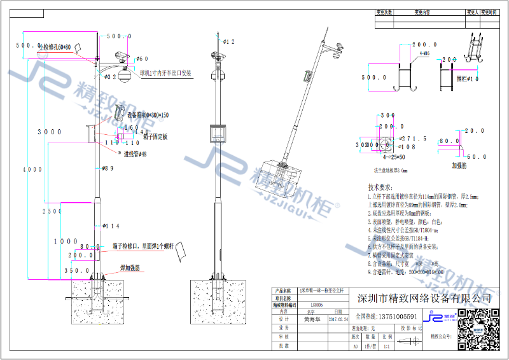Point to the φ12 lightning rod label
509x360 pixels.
coord(229,42)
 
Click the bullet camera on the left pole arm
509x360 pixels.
coord(121,57)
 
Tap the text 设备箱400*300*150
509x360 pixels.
coord(148,116)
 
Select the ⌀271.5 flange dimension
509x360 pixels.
coord(414,138)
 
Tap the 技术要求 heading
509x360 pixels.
coord(382,188)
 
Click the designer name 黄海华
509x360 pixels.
coord(311,321)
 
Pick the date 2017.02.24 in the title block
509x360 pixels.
coord(337,321)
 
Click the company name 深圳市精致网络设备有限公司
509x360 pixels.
coord(424,298)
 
